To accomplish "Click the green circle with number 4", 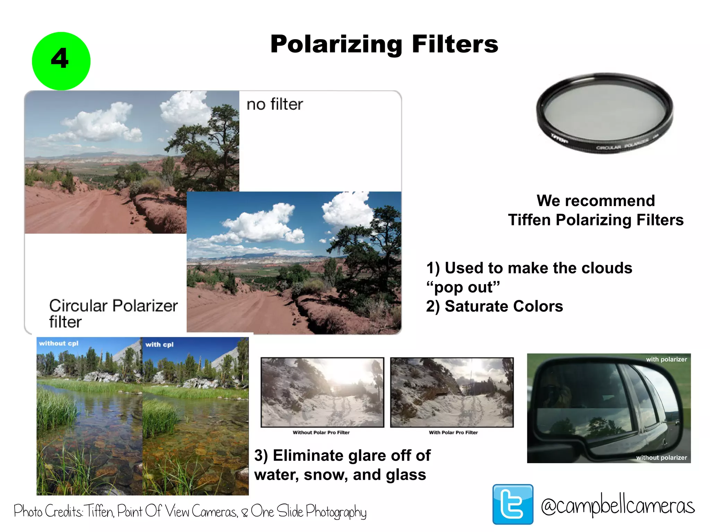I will click(x=61, y=61).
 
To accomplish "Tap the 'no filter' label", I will click(x=275, y=104).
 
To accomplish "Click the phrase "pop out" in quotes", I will click(x=463, y=287).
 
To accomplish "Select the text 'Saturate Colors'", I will click(x=503, y=307).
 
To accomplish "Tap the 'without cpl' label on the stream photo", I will click(x=59, y=343).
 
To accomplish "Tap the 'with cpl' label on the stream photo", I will click(x=159, y=345).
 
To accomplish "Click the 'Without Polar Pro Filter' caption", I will click(x=321, y=432).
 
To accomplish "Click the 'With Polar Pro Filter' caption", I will click(x=453, y=432).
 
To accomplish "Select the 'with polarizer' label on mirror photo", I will click(x=666, y=360).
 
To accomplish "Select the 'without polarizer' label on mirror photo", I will click(x=661, y=458).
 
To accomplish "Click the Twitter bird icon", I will click(x=513, y=504).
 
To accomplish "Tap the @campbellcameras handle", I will click(x=618, y=506).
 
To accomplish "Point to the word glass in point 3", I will click(x=406, y=475).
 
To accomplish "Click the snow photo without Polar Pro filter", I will click(x=322, y=392).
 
